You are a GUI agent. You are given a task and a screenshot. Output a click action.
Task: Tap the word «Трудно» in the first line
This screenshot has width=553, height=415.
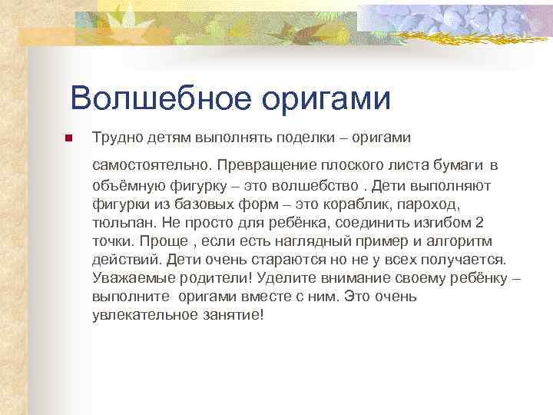tap(115, 137)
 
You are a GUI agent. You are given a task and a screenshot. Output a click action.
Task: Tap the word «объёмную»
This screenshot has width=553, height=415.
tap(125, 185)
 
